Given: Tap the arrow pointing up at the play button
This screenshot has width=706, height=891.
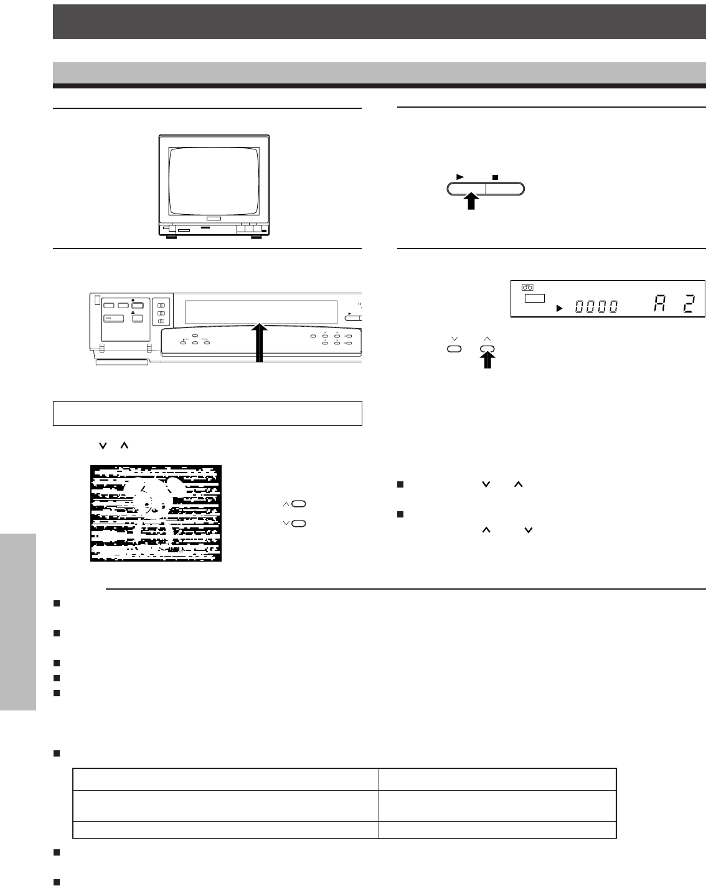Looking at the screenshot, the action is point(471,201).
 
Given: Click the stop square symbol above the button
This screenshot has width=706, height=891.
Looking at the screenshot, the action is point(495,177).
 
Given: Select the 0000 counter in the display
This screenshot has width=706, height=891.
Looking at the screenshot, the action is point(596,306).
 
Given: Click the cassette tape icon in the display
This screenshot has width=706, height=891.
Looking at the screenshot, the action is point(528,287).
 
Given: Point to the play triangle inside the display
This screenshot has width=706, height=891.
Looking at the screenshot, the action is point(560,308).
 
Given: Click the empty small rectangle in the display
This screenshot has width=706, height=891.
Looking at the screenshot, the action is point(534,298).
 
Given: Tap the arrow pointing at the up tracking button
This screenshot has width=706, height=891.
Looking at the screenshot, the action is point(487,361).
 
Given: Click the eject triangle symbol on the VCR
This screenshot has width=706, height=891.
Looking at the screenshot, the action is point(133,313).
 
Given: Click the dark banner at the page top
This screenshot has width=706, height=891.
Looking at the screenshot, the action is point(379,22).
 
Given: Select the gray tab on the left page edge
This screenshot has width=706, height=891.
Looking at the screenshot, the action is point(18,622).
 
